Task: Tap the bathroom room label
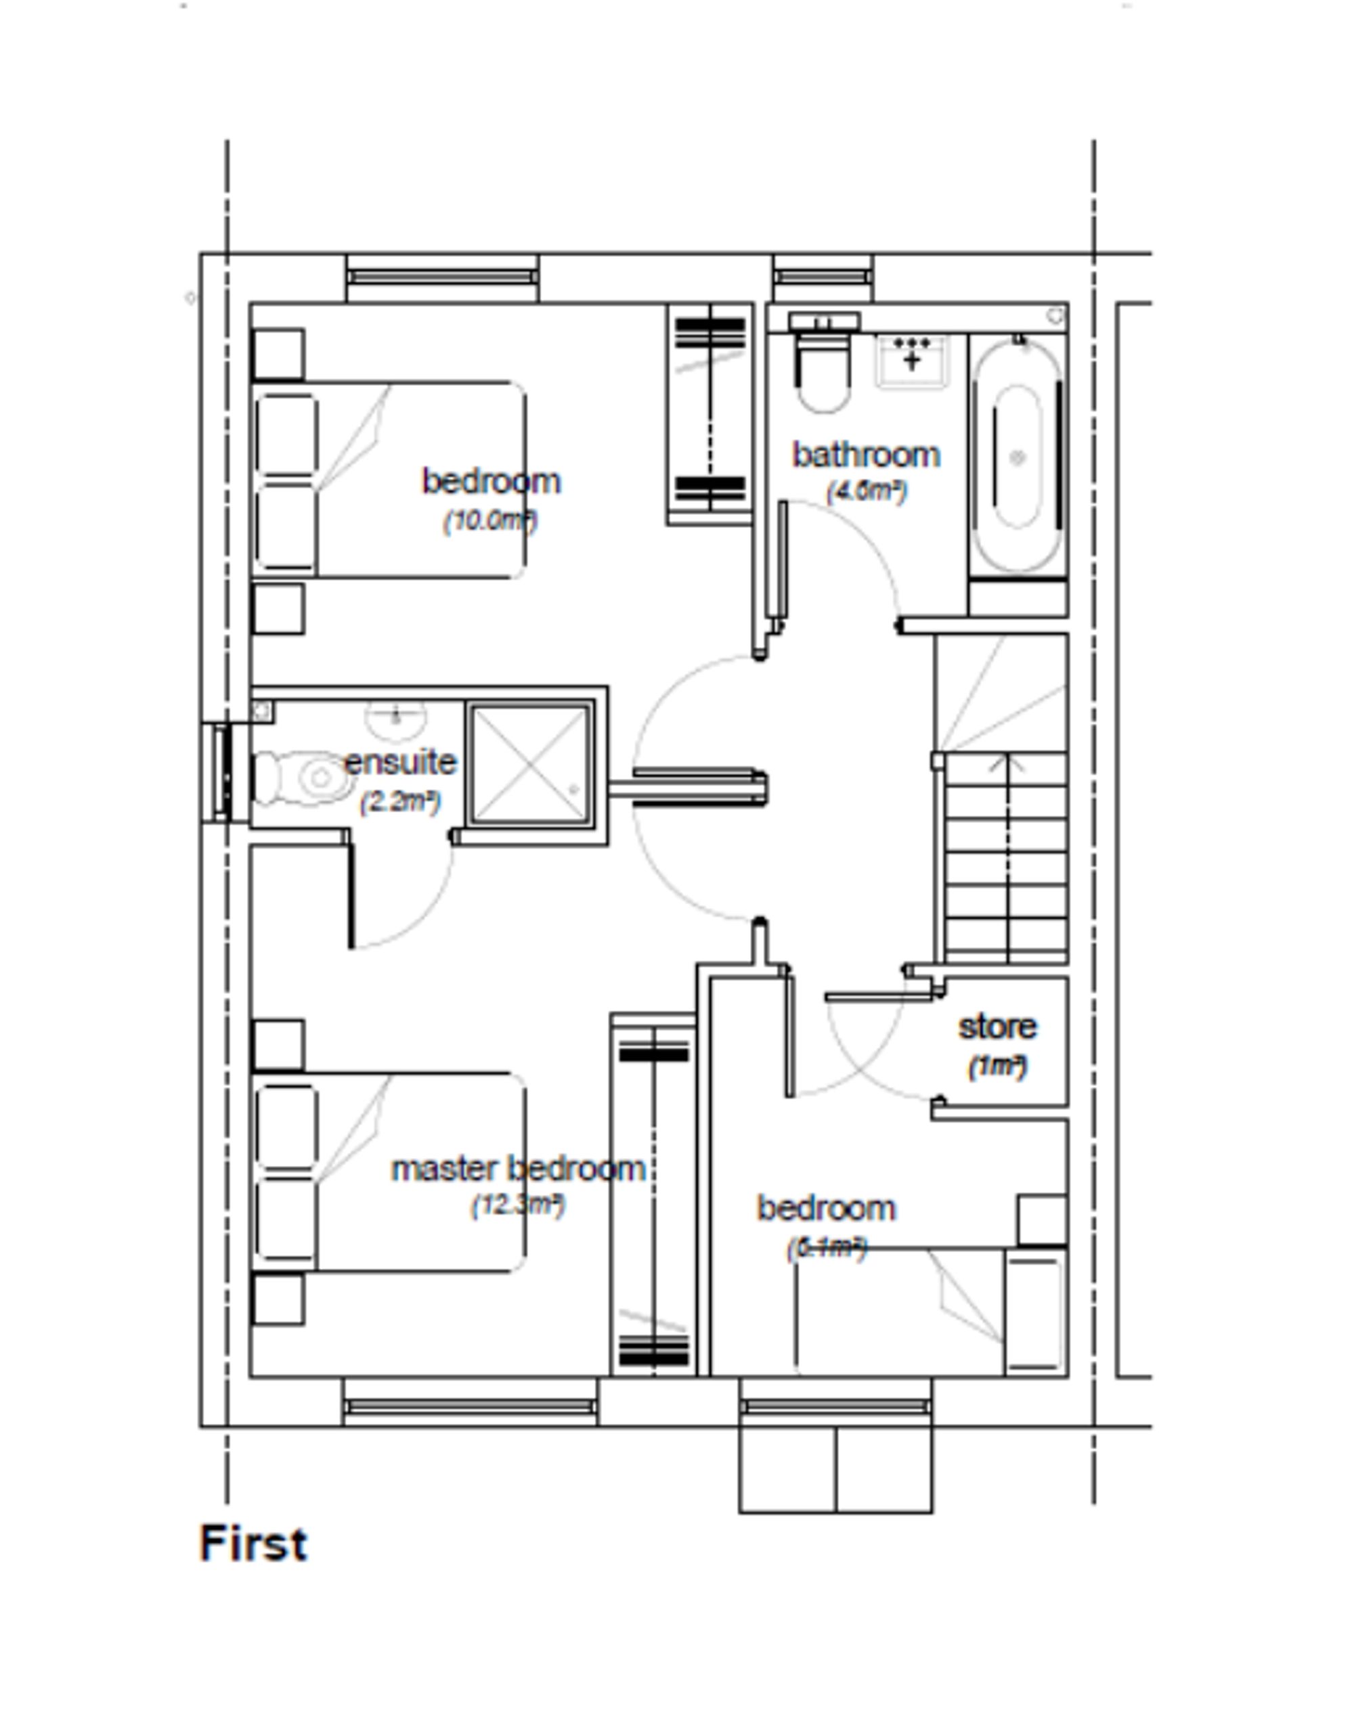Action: [x=866, y=455]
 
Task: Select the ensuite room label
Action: [x=399, y=762]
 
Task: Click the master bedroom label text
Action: [x=519, y=1169]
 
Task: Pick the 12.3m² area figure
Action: [x=518, y=1206]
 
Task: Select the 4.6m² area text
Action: [x=866, y=491]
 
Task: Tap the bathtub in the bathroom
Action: [x=1017, y=457]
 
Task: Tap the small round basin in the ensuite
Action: [x=395, y=716]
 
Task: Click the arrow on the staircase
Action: [x=1007, y=765]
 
